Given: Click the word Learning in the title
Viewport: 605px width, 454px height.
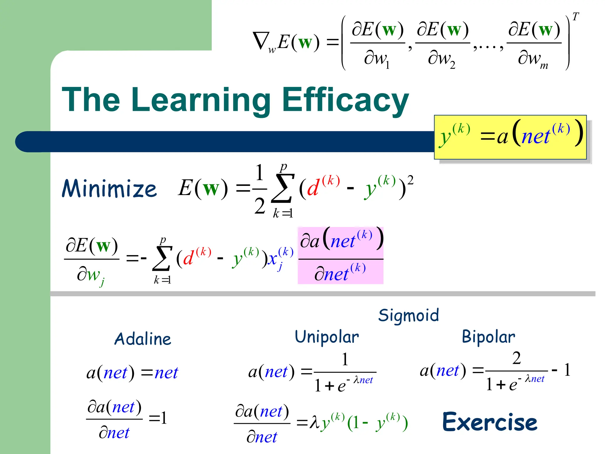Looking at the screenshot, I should [201, 100].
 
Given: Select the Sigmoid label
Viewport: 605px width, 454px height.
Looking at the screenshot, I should [409, 315].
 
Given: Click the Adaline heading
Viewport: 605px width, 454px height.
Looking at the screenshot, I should [143, 339].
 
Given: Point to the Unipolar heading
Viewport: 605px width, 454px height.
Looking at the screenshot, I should [327, 337].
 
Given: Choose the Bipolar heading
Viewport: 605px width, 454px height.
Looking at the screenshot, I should [488, 337].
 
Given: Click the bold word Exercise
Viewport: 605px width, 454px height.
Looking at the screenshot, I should [489, 422].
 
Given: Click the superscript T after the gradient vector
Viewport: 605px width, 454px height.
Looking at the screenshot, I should [575, 17].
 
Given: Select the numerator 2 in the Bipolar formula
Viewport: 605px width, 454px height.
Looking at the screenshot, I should [516, 358].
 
